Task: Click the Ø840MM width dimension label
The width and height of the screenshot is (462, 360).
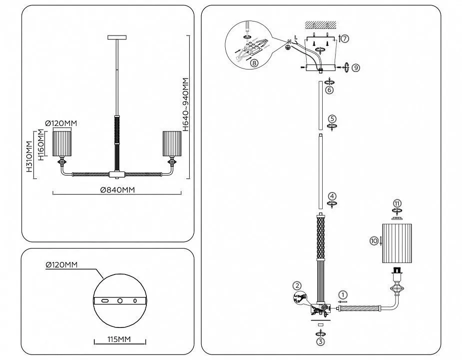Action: (117, 190)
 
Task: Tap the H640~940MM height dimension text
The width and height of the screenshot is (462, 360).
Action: (185, 104)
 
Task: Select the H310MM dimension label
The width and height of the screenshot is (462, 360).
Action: (29, 156)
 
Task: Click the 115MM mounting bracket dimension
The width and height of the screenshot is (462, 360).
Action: (119, 339)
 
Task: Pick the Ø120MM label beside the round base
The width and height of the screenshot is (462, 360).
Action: (61, 264)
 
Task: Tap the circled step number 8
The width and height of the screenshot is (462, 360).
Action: (254, 62)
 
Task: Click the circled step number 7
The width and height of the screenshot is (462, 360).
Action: (345, 38)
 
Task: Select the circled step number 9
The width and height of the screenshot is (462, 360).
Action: (356, 68)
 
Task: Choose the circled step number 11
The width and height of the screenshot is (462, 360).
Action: (397, 203)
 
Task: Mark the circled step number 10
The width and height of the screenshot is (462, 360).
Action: (374, 241)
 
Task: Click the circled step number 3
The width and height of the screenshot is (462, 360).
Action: (321, 341)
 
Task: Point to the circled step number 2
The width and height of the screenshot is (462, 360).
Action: (297, 285)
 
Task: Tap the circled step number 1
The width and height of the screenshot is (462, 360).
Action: (343, 294)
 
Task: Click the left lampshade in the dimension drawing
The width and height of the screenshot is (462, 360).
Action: (62, 143)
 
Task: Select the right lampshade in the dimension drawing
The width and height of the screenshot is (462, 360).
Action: (172, 143)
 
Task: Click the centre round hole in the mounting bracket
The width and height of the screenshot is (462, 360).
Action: (120, 300)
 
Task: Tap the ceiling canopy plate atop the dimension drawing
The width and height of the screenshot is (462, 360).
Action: (117, 37)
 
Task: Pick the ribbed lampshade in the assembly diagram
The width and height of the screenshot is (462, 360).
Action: (397, 243)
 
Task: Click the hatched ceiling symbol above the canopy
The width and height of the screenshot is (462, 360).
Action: (320, 25)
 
